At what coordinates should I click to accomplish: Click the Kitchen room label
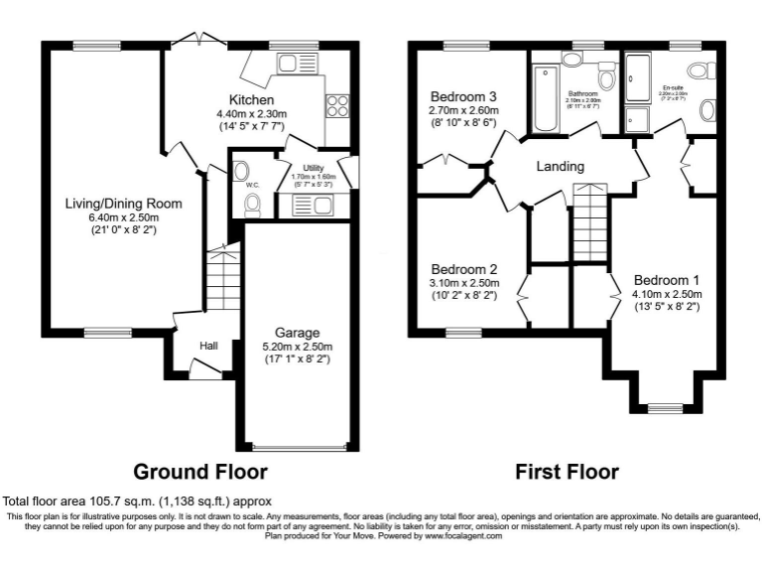[251, 100]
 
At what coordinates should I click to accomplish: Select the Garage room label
[298, 333]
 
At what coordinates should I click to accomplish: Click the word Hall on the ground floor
[208, 346]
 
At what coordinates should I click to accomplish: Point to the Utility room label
[300, 169]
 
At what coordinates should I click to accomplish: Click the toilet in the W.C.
[252, 204]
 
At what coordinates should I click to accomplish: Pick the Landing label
[560, 166]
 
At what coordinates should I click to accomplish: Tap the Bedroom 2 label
[463, 269]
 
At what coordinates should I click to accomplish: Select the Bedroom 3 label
[462, 95]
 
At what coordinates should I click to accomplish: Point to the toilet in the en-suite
[702, 70]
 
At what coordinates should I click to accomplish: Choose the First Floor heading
[567, 472]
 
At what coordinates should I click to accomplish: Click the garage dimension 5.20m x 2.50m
[298, 347]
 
